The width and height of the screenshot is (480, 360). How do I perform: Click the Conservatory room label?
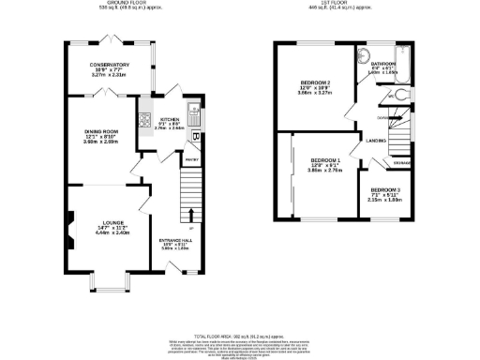[x=110, y=65]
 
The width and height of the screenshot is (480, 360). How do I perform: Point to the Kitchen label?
[x=170, y=120]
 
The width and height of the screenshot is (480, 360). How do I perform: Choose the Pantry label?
[x=189, y=160]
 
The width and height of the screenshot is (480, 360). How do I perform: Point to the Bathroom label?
[x=383, y=65]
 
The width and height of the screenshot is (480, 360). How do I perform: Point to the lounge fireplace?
[x=69, y=225]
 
